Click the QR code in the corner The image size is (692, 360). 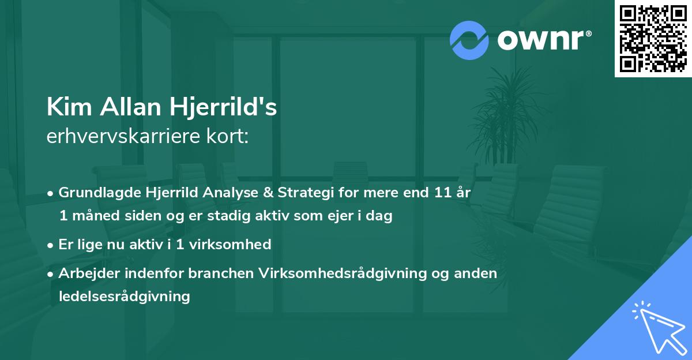tap(653, 38)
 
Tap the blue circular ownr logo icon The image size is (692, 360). tap(469, 40)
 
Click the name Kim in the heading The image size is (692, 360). tap(69, 107)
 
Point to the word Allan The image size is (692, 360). tap(130, 107)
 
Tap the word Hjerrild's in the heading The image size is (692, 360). tap(223, 107)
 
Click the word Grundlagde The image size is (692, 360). tap(99, 193)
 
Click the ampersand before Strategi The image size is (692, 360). tap(268, 193)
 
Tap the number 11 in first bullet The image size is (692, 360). tap(443, 193)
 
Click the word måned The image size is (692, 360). tap(96, 216)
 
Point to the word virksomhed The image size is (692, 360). tap(230, 245)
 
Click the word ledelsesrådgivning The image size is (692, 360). tap(124, 297)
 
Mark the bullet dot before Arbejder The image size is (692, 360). tap(50, 275)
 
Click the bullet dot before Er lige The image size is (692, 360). tap(50, 246)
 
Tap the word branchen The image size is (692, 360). tap(221, 273)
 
